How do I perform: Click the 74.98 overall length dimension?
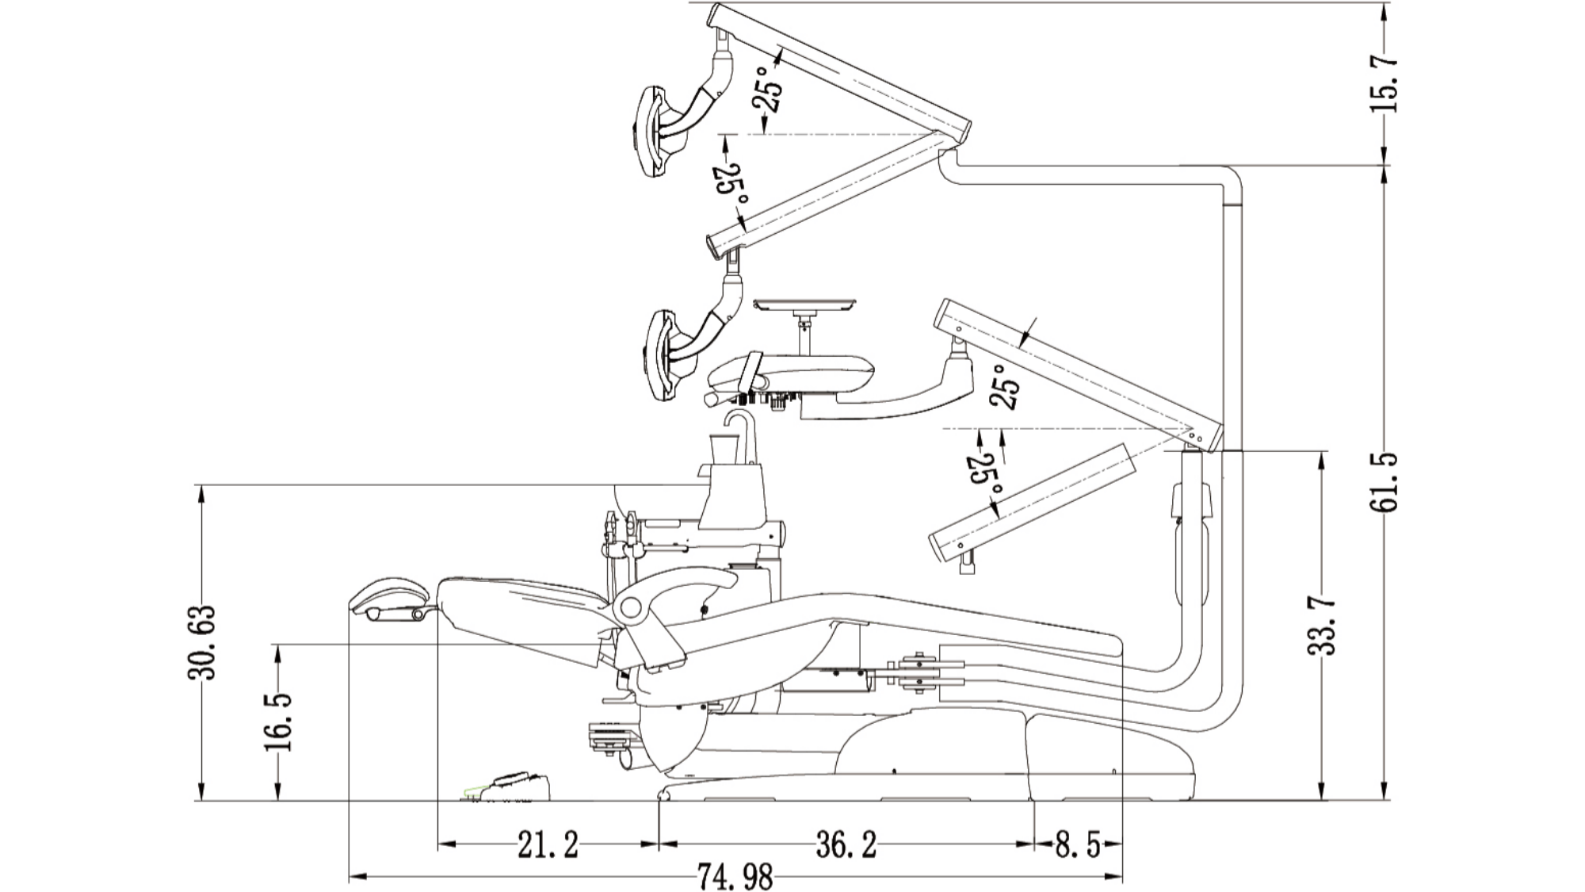pos(735,877)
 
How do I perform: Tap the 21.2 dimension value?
pos(548,845)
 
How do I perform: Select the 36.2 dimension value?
pos(846,845)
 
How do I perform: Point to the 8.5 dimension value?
pos(1078,846)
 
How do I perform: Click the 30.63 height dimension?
pos(201,642)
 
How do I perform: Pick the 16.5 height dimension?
pos(278,722)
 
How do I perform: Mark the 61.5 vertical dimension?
pos(1384,482)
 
